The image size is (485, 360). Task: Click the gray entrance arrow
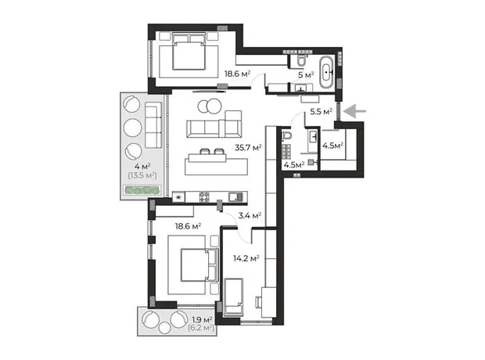click(x=354, y=111)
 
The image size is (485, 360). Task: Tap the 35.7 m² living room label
click(x=248, y=148)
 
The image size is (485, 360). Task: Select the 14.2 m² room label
click(x=246, y=258)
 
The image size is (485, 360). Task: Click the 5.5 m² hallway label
click(x=322, y=111)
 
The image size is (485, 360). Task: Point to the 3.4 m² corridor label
click(x=250, y=215)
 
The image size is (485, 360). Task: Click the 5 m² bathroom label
click(x=306, y=75)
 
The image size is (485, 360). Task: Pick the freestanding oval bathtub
click(x=326, y=72)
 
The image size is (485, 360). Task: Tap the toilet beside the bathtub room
click(x=300, y=60)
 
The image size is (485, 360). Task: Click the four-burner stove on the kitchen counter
click(x=204, y=197)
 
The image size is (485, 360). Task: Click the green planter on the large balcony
click(x=142, y=190)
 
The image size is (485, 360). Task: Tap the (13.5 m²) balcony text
click(x=142, y=176)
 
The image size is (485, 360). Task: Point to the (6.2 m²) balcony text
click(x=201, y=327)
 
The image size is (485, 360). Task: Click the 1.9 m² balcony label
click(x=203, y=319)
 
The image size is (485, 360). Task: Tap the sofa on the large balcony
click(x=153, y=125)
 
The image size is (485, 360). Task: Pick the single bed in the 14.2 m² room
click(x=233, y=297)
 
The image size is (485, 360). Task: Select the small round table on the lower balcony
click(x=165, y=328)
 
